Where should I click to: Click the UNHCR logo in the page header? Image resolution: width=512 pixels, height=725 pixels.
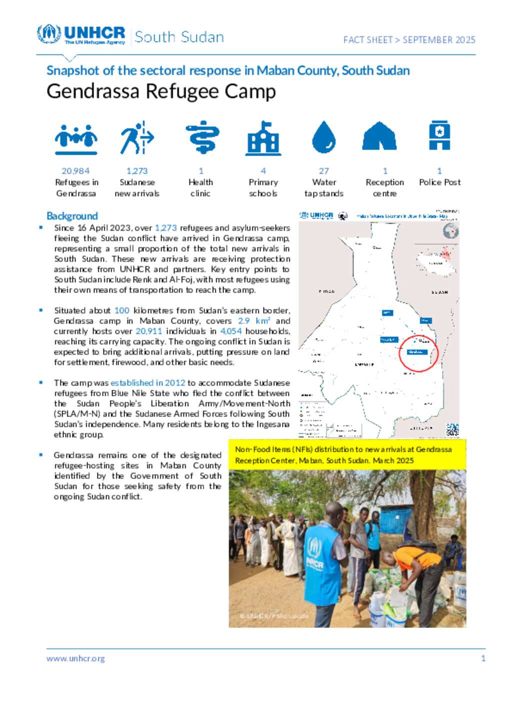click(81, 35)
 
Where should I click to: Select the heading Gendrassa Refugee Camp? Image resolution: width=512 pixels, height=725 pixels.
click(161, 92)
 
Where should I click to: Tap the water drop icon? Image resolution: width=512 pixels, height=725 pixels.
click(323, 137)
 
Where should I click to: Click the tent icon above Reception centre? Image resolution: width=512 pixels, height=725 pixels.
click(379, 137)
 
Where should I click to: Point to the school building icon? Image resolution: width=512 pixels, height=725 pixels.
click(263, 139)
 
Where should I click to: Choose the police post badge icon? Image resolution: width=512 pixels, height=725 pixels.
click(439, 136)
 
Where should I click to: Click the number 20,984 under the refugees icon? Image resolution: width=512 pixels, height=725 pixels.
click(75, 171)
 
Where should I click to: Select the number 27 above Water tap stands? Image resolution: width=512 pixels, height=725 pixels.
click(324, 171)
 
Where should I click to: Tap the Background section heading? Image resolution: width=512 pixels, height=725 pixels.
click(72, 216)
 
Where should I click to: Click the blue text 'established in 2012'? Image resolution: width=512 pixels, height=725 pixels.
click(147, 383)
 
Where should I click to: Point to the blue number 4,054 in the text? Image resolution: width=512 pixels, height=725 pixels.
click(231, 331)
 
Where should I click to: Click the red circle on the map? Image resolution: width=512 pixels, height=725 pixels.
click(418, 353)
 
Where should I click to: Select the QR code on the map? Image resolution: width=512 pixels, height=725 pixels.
click(452, 429)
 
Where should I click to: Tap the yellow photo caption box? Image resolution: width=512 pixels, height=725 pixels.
click(347, 455)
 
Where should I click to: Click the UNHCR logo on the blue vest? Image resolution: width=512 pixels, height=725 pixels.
click(315, 553)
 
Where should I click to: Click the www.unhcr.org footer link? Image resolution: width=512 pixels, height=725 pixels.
click(75, 658)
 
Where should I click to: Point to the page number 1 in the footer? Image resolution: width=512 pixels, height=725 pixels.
click(483, 658)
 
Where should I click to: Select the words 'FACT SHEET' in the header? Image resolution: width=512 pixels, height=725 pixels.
click(367, 40)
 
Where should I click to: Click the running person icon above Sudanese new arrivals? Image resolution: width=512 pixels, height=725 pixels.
click(136, 138)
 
